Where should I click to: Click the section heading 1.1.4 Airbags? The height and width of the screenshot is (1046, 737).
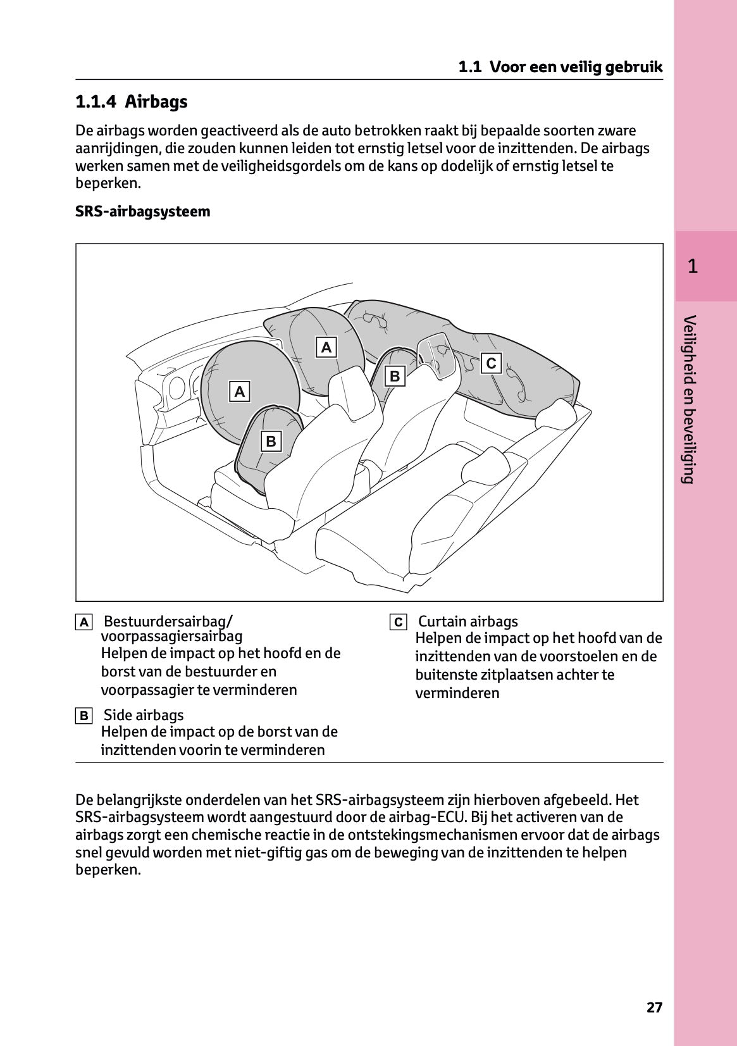[131, 102]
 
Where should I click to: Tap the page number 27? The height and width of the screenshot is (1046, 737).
[654, 1007]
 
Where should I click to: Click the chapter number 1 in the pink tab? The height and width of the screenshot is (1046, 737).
[693, 266]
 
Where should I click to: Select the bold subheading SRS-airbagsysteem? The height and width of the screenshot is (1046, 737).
[142, 211]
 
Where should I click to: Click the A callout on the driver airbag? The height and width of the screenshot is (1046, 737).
[239, 392]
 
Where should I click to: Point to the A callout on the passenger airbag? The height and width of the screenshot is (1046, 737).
[326, 347]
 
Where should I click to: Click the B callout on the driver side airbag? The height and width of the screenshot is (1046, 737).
[271, 441]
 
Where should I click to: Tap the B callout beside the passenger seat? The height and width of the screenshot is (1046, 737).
[395, 376]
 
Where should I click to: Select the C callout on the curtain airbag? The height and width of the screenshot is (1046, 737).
[491, 363]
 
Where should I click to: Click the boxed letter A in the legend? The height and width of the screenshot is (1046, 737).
[84, 622]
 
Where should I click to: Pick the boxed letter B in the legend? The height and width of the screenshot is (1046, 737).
[84, 716]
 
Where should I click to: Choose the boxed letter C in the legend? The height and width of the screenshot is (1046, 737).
[398, 622]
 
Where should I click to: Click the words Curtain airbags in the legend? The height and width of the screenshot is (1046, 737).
[468, 621]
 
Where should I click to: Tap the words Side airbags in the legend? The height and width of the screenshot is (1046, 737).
[143, 715]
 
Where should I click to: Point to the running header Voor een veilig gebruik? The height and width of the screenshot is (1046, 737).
[576, 67]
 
